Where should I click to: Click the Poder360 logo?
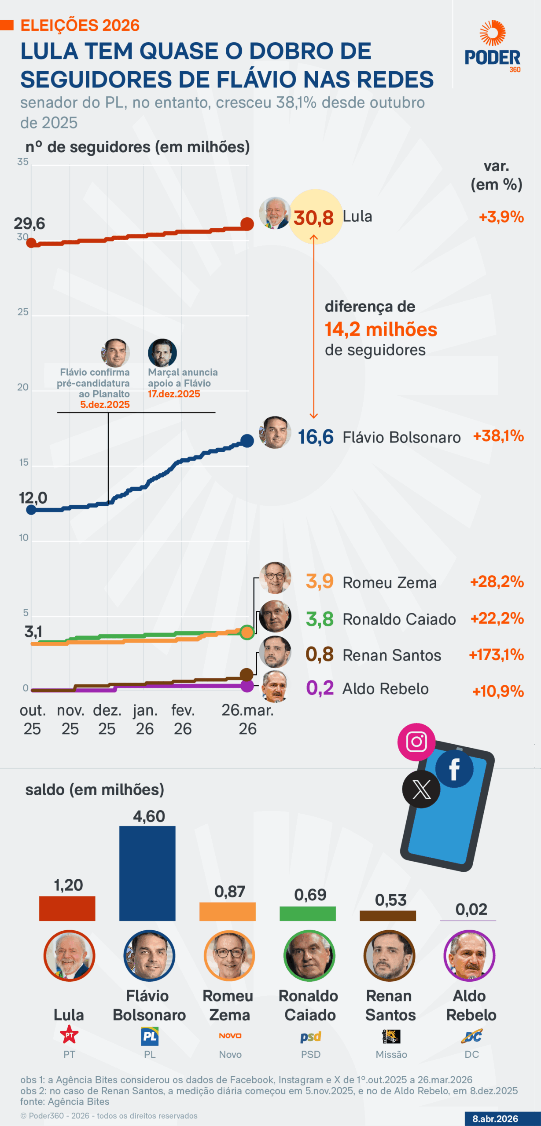pos(493,46)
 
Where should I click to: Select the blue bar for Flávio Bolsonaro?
pos(147,873)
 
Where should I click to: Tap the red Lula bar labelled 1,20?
pos(67,908)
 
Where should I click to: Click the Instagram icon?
pos(416,742)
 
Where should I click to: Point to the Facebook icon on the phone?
pos(454,769)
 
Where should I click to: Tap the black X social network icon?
pos(421,790)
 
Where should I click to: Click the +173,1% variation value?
pos(496,655)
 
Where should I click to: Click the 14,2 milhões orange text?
pos(381,329)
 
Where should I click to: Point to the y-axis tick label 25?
pos(23,312)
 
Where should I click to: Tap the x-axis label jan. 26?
pos(145,720)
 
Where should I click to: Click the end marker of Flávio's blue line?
pos(247,440)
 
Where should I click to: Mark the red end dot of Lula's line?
pos(247,224)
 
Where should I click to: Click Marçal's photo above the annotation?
pos(162,353)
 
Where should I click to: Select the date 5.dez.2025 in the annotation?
pos(105,405)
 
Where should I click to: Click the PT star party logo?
pos(69,1035)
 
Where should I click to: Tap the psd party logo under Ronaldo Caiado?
pos(311,1037)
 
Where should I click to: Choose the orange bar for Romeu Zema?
pos(227,912)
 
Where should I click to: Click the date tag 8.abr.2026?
pos(495,1119)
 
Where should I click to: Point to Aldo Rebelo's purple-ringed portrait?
pos(469,955)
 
